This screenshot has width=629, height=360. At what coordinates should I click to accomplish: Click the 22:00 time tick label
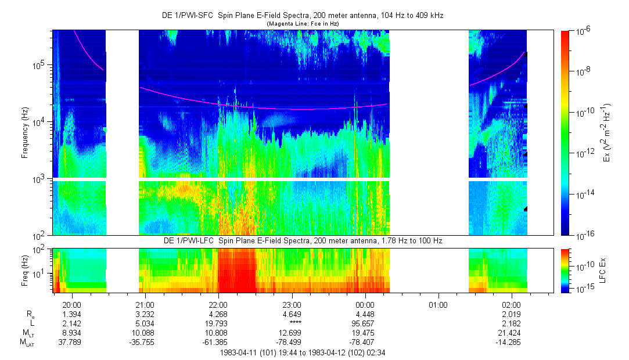pyautogui.click(x=218, y=305)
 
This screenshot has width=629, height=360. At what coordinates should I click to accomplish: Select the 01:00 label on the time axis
pyautogui.click(x=438, y=305)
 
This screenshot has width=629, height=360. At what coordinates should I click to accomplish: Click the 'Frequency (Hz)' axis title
pyautogui.click(x=24, y=134)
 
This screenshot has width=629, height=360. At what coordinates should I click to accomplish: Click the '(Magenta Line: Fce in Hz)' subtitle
pyautogui.click(x=302, y=23)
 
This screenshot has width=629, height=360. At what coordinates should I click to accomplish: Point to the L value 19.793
pyautogui.click(x=218, y=322)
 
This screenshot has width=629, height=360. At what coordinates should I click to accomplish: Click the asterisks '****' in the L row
pyautogui.click(x=291, y=322)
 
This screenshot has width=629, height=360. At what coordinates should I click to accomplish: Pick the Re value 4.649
pyautogui.click(x=291, y=314)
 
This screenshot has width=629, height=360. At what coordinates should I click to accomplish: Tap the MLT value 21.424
pyautogui.click(x=512, y=332)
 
